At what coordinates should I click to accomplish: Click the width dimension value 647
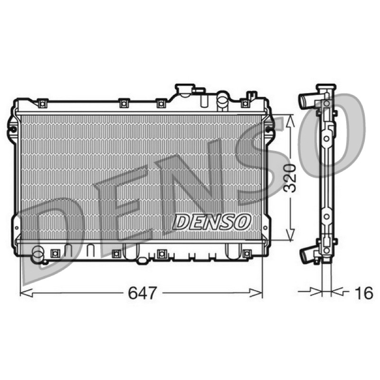coord(142,293)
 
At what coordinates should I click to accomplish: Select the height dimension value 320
coord(290,178)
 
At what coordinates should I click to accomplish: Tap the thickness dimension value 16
coord(364,293)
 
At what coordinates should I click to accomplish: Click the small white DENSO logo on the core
coord(211,222)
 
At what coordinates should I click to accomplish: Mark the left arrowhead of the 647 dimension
coord(26,293)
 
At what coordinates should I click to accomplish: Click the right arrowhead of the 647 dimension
coord(256,293)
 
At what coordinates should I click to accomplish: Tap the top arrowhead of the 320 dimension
coord(290,121)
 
